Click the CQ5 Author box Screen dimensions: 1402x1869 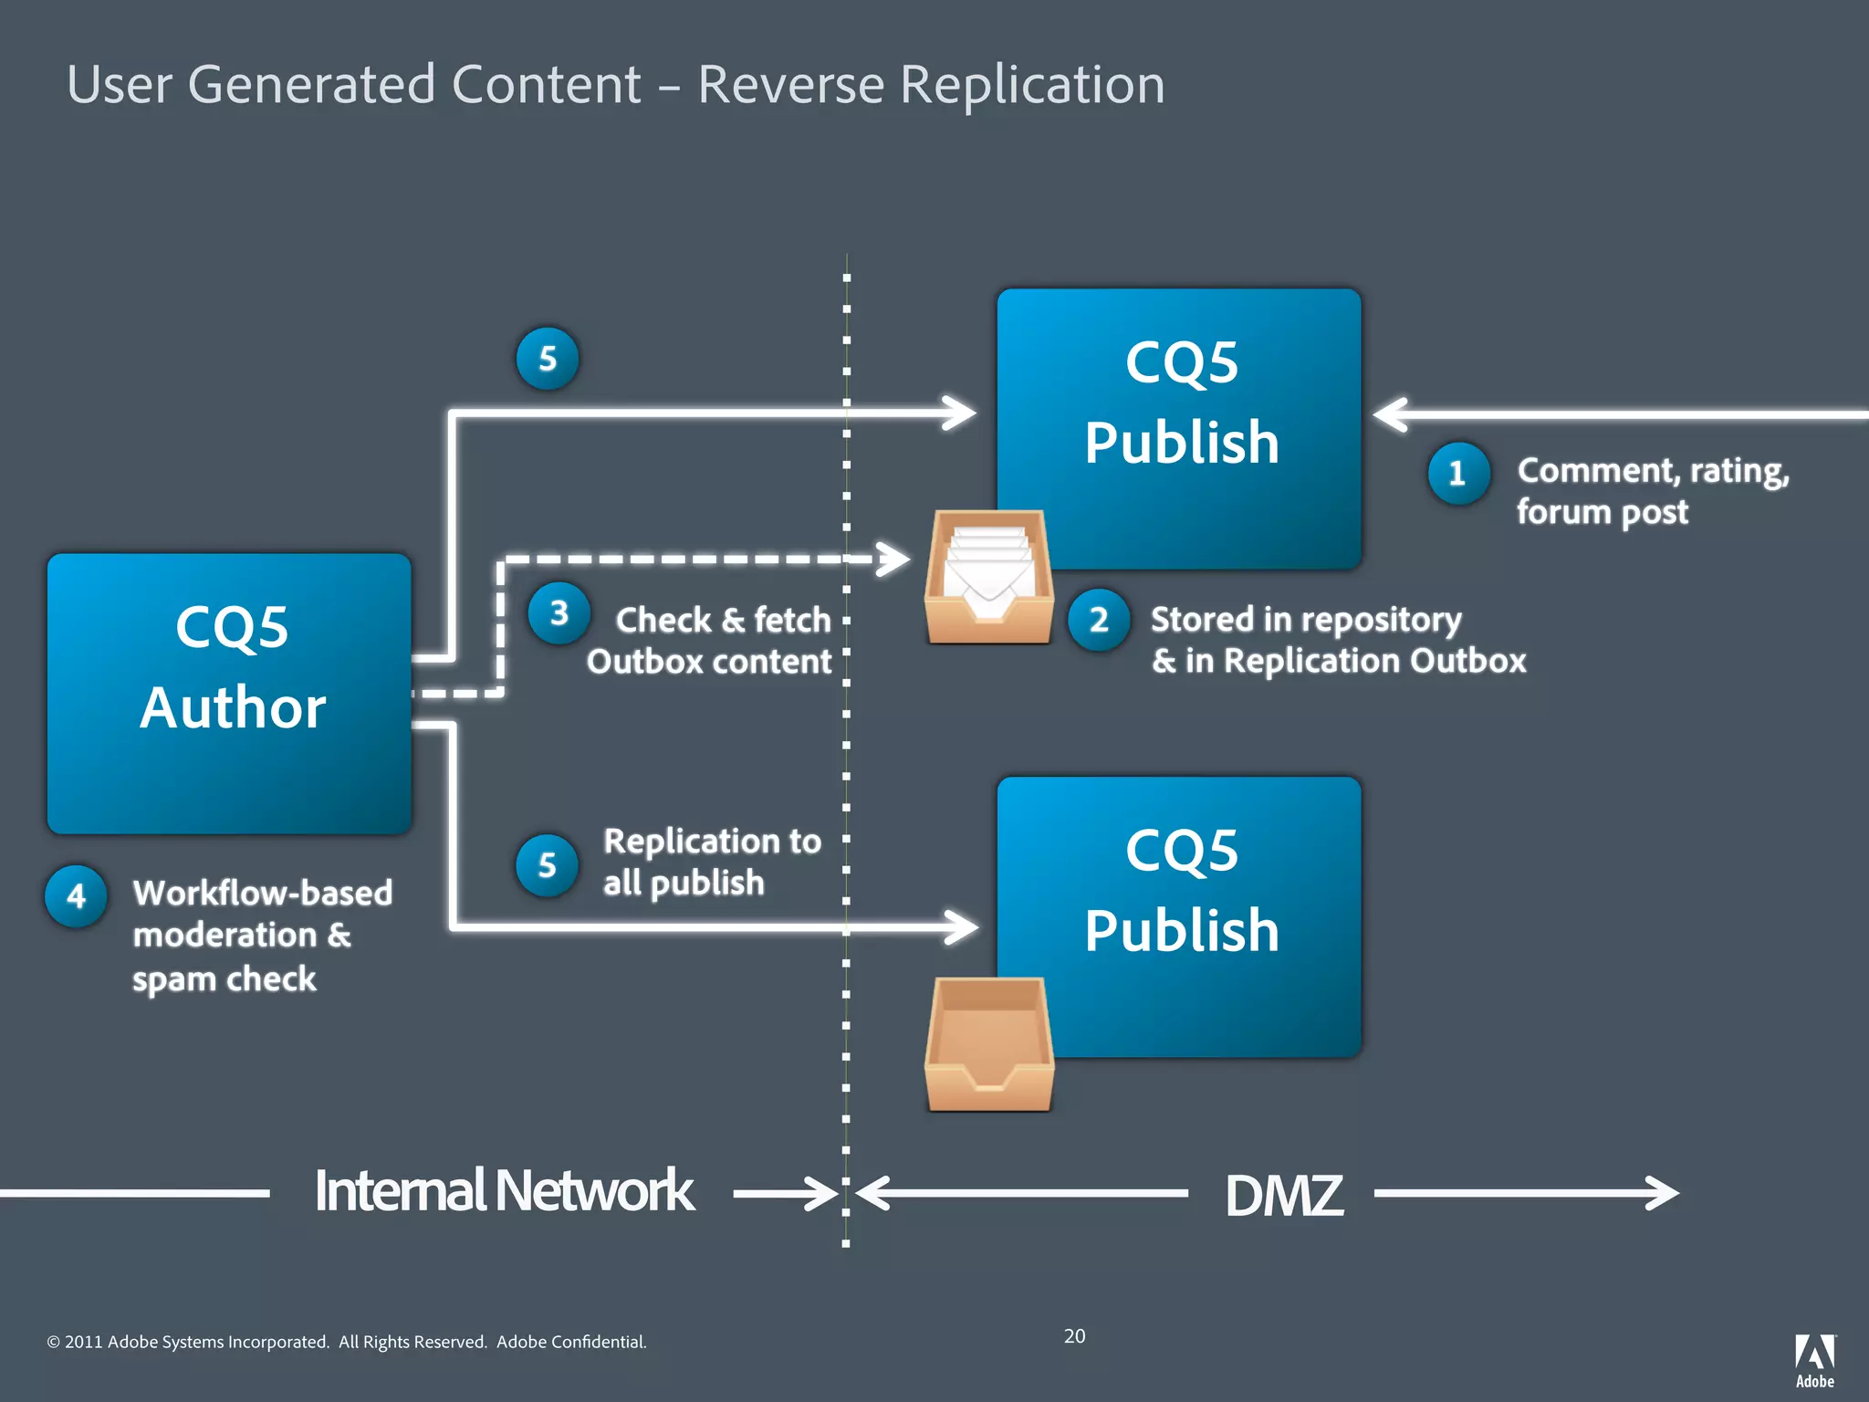(229, 693)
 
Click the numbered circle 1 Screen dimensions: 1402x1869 (1457, 473)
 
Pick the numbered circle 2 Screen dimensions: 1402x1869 (1099, 620)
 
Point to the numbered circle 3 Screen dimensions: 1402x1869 (559, 613)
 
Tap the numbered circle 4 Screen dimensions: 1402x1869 (77, 895)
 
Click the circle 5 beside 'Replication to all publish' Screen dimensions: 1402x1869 (547, 864)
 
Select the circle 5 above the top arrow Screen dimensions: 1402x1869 (547, 359)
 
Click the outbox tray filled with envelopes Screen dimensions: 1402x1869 (988, 578)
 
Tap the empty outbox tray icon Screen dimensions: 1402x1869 (988, 1045)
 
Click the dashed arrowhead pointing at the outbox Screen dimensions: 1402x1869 (893, 559)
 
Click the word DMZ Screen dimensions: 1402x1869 (1283, 1195)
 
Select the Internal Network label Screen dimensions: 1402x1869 (504, 1191)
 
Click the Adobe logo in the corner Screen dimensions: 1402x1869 (1814, 1359)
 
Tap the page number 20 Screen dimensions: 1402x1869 (1074, 1336)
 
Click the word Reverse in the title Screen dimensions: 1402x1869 (790, 85)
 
